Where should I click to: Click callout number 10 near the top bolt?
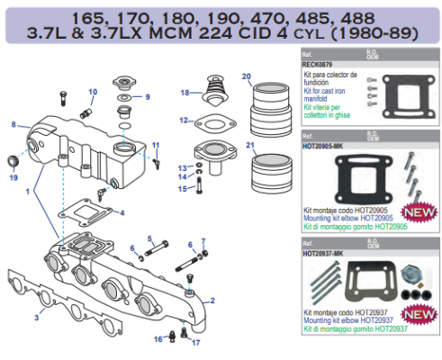(x=93, y=92)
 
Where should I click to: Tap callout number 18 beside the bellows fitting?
(x=185, y=93)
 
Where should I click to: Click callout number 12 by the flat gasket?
(x=184, y=120)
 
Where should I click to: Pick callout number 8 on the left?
(x=14, y=124)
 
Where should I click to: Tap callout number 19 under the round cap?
(x=13, y=178)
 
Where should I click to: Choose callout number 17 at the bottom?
(x=195, y=342)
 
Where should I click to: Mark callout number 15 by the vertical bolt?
(x=181, y=188)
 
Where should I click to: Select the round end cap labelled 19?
(x=14, y=162)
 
